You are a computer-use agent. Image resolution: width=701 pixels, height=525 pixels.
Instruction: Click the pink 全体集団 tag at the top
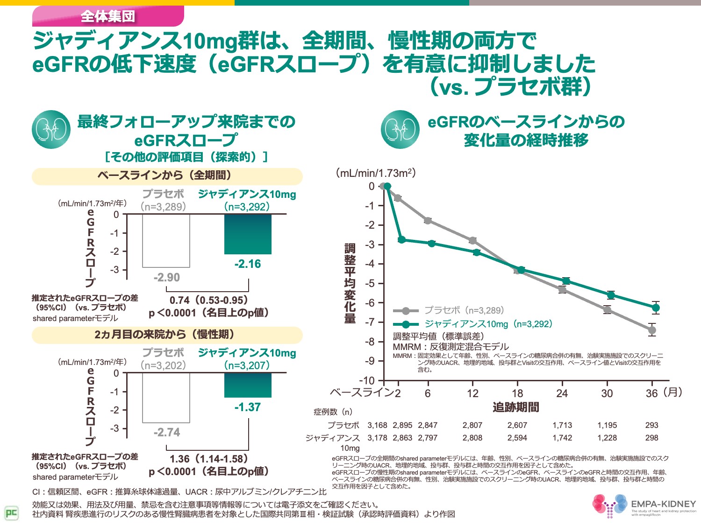click(108, 16)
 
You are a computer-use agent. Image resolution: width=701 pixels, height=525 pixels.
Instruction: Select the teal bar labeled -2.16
click(248, 234)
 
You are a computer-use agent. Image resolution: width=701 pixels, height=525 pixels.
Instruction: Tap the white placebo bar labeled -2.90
click(166, 241)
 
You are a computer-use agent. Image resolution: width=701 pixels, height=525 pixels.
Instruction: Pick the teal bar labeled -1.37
click(248, 385)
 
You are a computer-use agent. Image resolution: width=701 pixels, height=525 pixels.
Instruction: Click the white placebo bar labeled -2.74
click(166, 398)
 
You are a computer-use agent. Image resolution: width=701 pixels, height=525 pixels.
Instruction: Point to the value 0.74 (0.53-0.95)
click(208, 300)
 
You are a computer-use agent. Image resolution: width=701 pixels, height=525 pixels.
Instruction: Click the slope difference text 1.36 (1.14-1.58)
click(208, 459)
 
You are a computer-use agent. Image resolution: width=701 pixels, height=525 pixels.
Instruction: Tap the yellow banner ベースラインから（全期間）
click(167, 176)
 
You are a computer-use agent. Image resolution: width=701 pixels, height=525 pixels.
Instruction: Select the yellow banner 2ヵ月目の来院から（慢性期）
click(167, 335)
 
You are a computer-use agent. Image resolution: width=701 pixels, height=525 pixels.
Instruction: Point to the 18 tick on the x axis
click(517, 393)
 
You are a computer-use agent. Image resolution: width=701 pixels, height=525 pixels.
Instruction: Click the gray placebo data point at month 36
click(652, 330)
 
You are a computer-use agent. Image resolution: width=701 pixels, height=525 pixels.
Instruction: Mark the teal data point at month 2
click(402, 239)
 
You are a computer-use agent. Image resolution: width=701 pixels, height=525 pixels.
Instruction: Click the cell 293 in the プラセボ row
click(651, 425)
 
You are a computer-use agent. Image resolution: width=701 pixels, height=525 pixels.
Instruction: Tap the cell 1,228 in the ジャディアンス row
click(607, 438)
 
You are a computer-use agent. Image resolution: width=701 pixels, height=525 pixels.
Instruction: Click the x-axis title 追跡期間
click(515, 407)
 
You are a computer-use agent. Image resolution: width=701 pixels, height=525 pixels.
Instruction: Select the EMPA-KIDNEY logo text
click(663, 504)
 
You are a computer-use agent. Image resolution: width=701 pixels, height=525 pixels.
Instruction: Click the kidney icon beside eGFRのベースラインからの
click(400, 129)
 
